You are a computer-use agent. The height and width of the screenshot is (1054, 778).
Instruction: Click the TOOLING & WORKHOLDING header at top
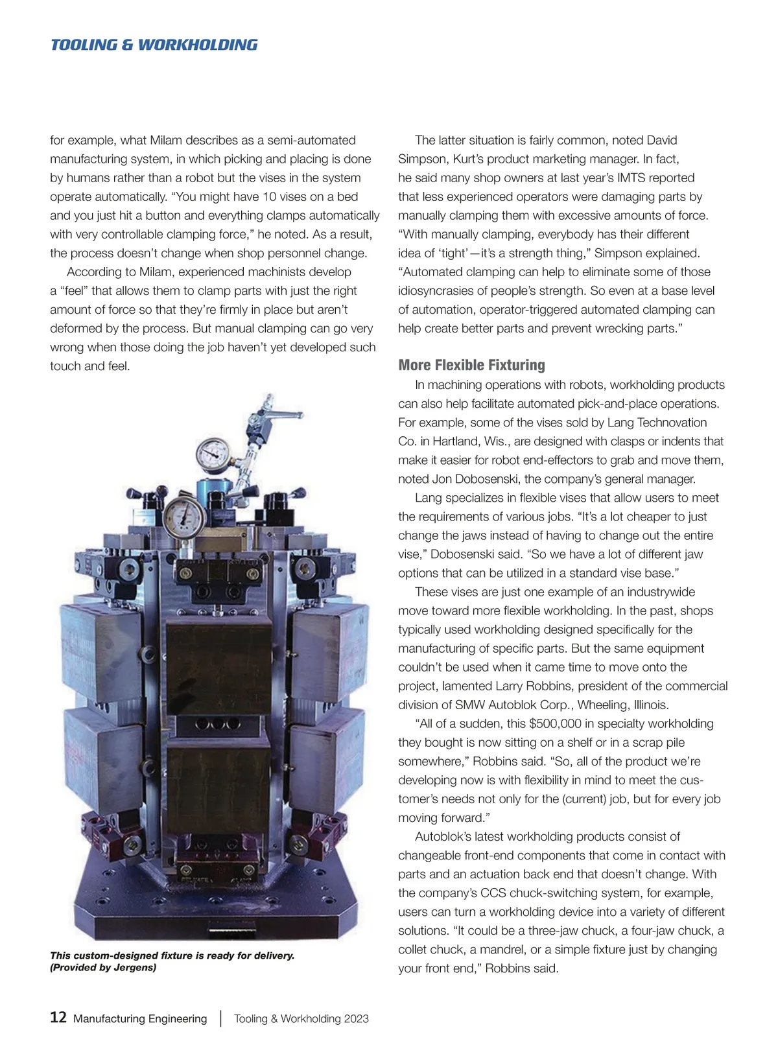pyautogui.click(x=154, y=45)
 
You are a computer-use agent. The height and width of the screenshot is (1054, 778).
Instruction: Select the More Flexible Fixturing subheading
pyautogui.click(x=471, y=365)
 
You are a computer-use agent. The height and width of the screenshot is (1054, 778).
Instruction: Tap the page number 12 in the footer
pyautogui.click(x=58, y=1017)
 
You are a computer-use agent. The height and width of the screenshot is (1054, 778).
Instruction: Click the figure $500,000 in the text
pyautogui.click(x=556, y=723)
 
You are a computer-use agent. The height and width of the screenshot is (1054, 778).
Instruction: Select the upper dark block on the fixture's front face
pyautogui.click(x=219, y=666)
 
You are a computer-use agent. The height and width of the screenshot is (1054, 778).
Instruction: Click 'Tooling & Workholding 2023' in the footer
pyautogui.click(x=301, y=1018)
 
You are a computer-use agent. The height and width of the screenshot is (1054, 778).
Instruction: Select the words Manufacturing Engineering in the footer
pyautogui.click(x=140, y=1018)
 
